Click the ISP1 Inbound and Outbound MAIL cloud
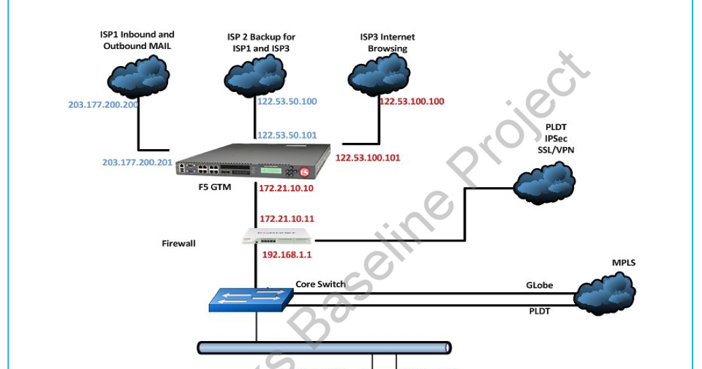click(x=139, y=78)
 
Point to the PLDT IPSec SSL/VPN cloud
click(x=545, y=182)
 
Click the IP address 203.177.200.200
click(x=103, y=105)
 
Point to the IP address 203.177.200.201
click(x=137, y=163)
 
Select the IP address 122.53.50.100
click(x=286, y=101)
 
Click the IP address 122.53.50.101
click(x=286, y=135)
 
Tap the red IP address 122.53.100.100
click(x=412, y=101)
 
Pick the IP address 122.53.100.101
click(x=368, y=157)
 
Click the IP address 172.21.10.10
click(x=286, y=188)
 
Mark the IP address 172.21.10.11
click(x=286, y=219)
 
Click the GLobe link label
click(x=539, y=286)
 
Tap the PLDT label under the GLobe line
click(x=539, y=311)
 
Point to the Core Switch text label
click(x=320, y=284)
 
